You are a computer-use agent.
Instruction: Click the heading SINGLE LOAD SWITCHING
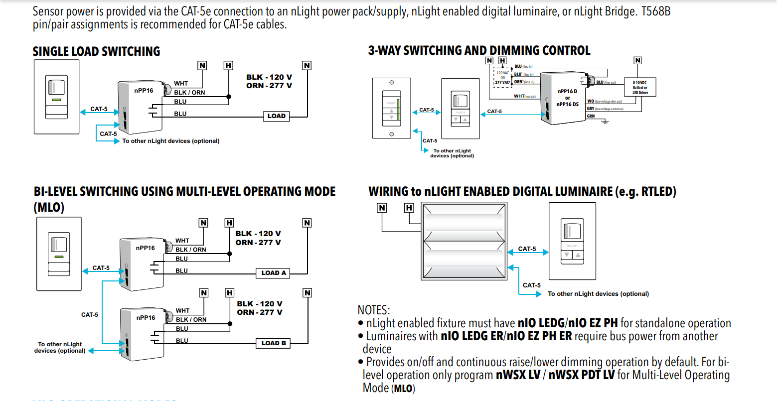pyautogui.click(x=96, y=51)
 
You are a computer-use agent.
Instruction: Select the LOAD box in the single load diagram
pyautogui.click(x=277, y=116)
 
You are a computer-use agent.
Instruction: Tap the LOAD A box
pyautogui.click(x=274, y=273)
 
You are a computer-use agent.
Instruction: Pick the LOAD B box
pyautogui.click(x=274, y=343)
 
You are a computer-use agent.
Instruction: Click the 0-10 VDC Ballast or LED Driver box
pyautogui.click(x=640, y=88)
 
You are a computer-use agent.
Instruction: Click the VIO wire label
pyautogui.click(x=591, y=101)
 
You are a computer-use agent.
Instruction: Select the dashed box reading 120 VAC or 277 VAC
pyautogui.click(x=502, y=77)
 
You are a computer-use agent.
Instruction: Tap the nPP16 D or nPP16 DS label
pyautogui.click(x=567, y=98)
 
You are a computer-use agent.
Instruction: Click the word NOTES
pyautogui.click(x=374, y=310)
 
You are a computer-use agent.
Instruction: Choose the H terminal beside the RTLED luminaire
pyautogui.click(x=409, y=208)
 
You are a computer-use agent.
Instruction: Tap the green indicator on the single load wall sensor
pyautogui.click(x=56, y=100)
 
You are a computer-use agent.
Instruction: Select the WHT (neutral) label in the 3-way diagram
pyautogui.click(x=524, y=96)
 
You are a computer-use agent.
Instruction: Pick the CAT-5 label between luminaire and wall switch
pyautogui.click(x=527, y=249)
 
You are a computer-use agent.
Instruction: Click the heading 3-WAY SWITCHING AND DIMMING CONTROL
pyautogui.click(x=479, y=50)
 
